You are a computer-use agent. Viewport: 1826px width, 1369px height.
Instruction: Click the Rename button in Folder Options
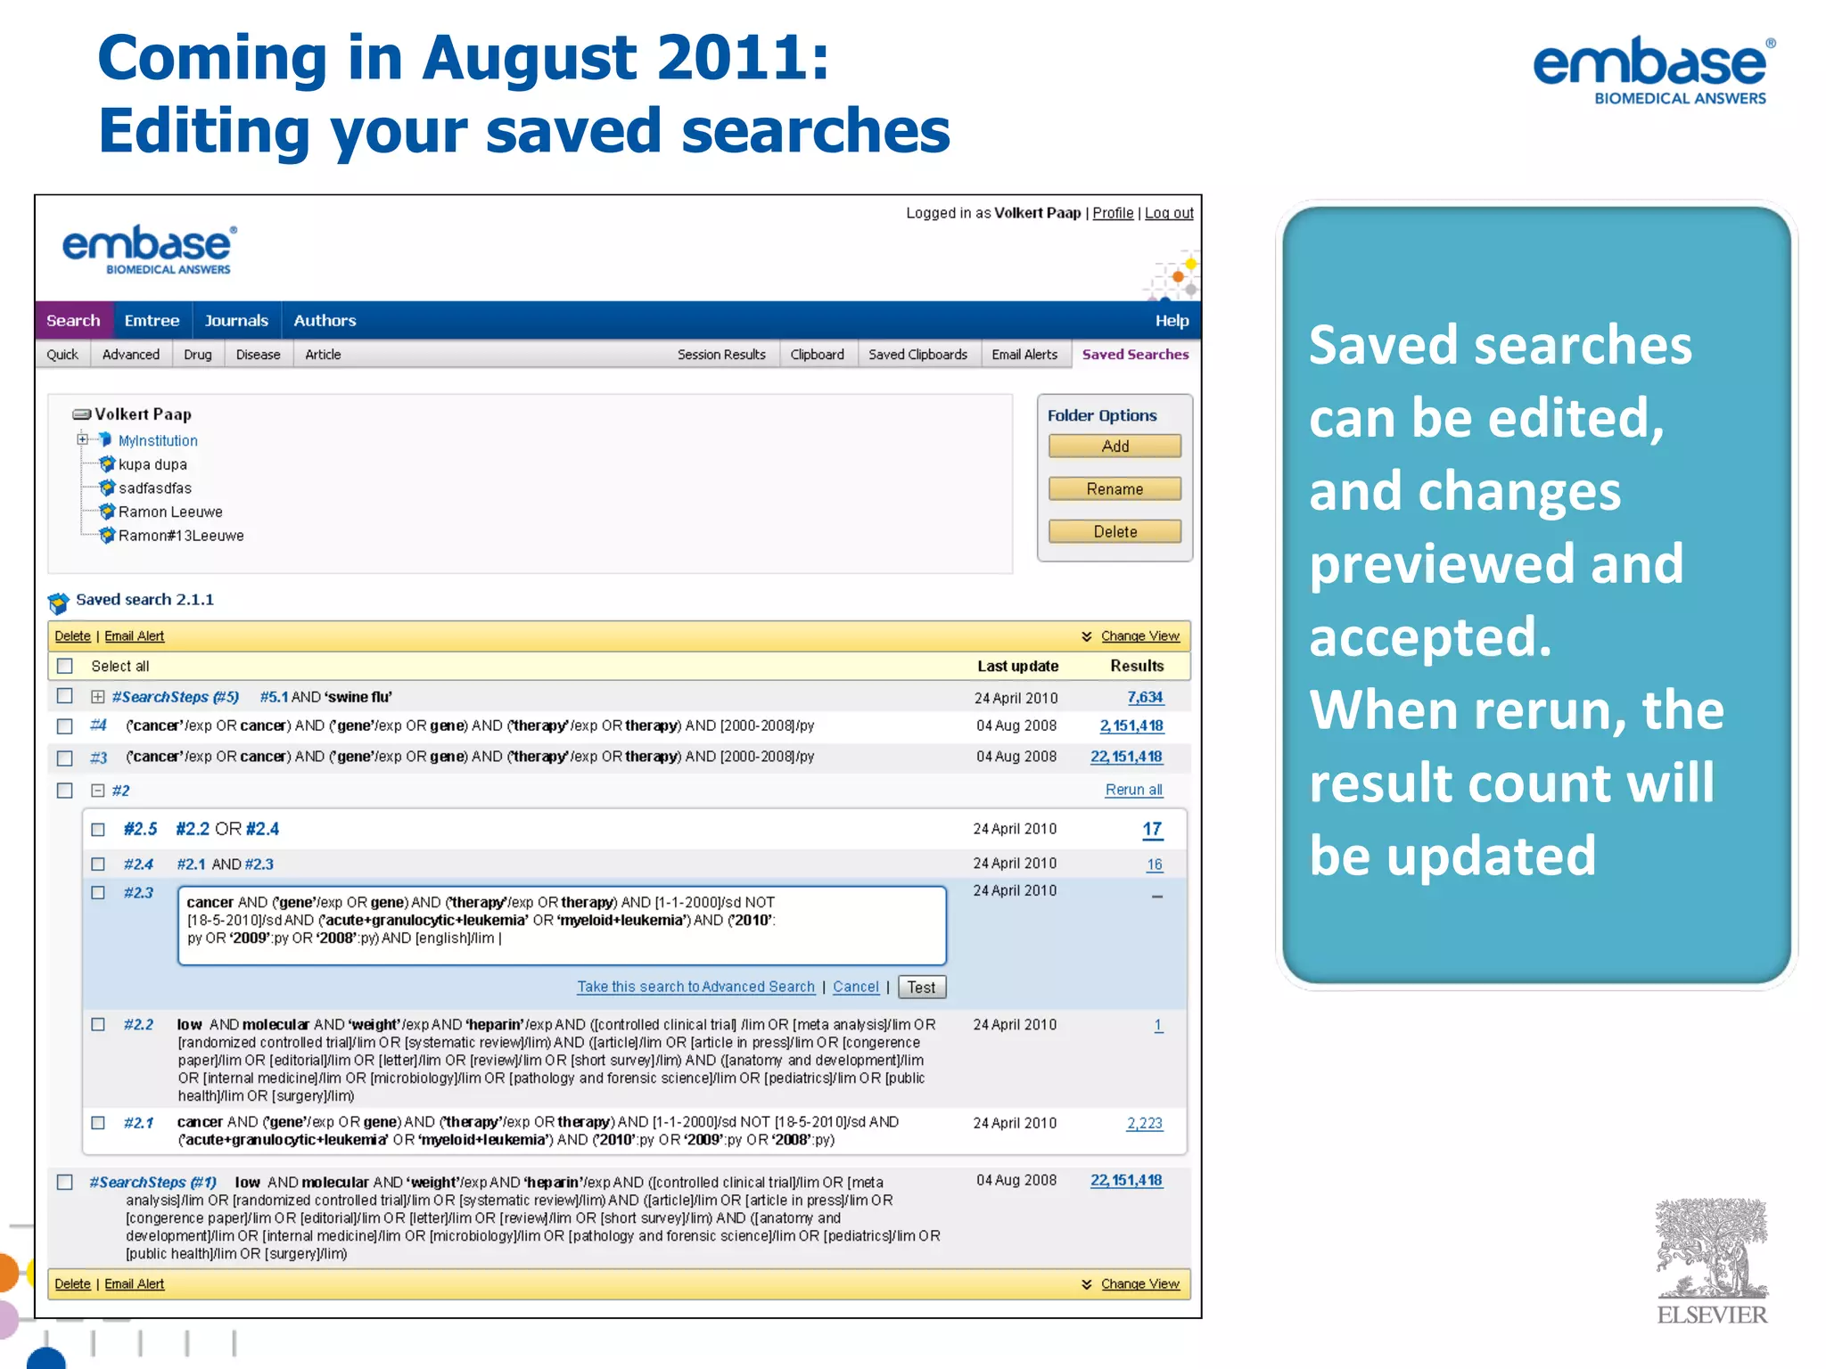pyautogui.click(x=1115, y=488)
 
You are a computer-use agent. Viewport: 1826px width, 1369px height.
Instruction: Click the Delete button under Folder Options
pyautogui.click(x=1115, y=531)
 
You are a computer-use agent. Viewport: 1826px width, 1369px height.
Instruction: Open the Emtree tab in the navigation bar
pyautogui.click(x=152, y=320)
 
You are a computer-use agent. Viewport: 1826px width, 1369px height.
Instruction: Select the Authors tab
pyautogui.click(x=325, y=320)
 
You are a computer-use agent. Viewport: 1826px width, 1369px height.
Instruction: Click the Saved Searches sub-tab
pyautogui.click(x=1135, y=354)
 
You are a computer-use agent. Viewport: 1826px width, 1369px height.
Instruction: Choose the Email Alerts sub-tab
pyautogui.click(x=1024, y=354)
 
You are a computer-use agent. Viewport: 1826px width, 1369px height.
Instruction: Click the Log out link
pyautogui.click(x=1169, y=213)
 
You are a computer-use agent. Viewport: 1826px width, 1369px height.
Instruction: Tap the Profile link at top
pyautogui.click(x=1113, y=213)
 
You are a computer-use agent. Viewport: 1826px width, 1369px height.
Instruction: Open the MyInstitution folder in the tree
pyautogui.click(x=158, y=440)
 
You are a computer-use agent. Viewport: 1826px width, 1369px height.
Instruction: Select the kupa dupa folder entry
pyautogui.click(x=152, y=464)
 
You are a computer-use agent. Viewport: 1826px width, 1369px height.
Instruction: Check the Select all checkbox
pyautogui.click(x=65, y=666)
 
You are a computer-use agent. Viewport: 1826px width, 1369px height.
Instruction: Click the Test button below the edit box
pyautogui.click(x=921, y=987)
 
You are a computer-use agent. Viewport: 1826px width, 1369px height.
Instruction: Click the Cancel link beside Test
pyautogui.click(x=856, y=987)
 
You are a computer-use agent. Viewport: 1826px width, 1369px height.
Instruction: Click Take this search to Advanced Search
pyautogui.click(x=695, y=987)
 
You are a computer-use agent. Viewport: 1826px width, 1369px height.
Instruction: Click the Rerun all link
pyautogui.click(x=1133, y=790)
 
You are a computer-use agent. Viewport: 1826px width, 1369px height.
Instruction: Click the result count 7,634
pyautogui.click(x=1145, y=697)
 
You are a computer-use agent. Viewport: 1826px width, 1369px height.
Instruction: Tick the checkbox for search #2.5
pyautogui.click(x=98, y=830)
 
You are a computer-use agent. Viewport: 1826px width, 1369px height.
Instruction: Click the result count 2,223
pyautogui.click(x=1144, y=1123)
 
